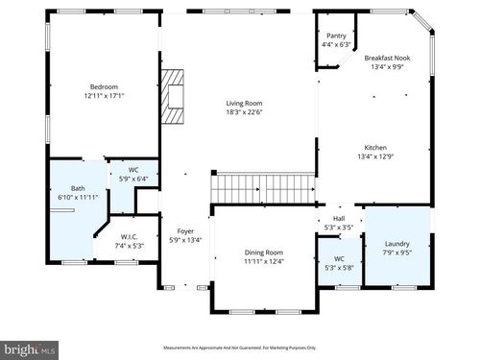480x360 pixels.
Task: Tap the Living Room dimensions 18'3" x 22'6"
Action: coord(244,112)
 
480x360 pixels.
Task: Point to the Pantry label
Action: coord(336,36)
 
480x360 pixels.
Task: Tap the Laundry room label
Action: coord(396,244)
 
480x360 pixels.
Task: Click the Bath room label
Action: coord(77,188)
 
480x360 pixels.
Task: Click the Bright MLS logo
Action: coord(30,350)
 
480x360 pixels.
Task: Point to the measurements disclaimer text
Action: coord(239,348)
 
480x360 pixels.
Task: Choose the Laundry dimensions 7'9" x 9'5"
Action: coord(396,253)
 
